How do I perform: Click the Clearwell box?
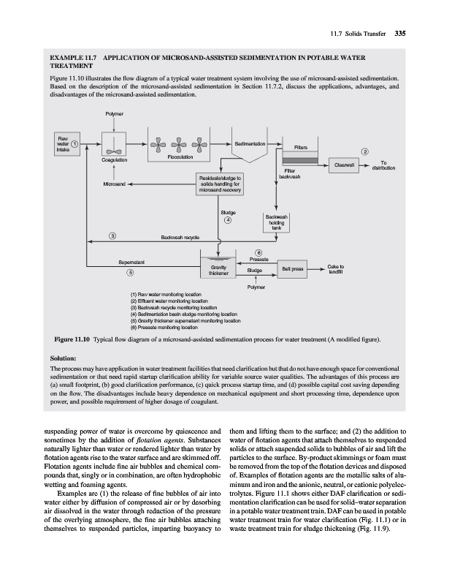(x=345, y=165)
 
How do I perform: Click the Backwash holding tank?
(x=280, y=223)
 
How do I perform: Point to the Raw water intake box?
(x=66, y=143)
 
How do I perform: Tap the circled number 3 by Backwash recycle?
(x=112, y=235)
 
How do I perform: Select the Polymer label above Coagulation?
(x=114, y=114)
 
